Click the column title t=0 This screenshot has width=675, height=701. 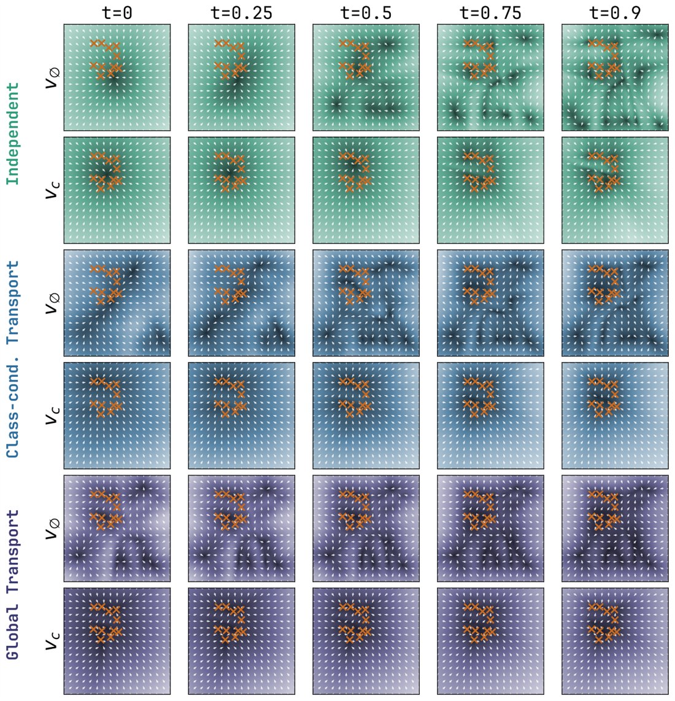pyautogui.click(x=117, y=12)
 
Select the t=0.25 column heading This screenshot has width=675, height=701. pyautogui.click(x=241, y=12)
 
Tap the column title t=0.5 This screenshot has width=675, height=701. pyautogui.click(x=366, y=12)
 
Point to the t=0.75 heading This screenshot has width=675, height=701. pyautogui.click(x=490, y=12)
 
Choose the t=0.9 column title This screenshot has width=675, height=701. pyautogui.click(x=615, y=12)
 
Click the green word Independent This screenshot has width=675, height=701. pyautogui.click(x=12, y=134)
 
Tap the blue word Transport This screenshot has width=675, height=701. pyautogui.click(x=12, y=302)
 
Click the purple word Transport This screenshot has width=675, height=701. pyautogui.click(x=12, y=551)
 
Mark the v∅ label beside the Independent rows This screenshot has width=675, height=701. pyautogui.click(x=52, y=77)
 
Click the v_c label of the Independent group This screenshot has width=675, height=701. pyautogui.click(x=52, y=190)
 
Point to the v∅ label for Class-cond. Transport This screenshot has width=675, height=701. pyautogui.click(x=52, y=303)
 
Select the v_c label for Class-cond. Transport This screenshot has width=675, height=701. pyautogui.click(x=52, y=416)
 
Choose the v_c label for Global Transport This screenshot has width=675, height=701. pyautogui.click(x=52, y=641)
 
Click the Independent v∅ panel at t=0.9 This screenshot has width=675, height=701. pyautogui.click(x=615, y=77)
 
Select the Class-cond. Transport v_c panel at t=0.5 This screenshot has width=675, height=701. pyautogui.click(x=366, y=416)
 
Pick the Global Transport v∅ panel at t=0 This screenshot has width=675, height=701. pyautogui.click(x=117, y=529)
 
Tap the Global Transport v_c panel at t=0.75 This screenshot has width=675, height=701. pyautogui.click(x=490, y=641)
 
